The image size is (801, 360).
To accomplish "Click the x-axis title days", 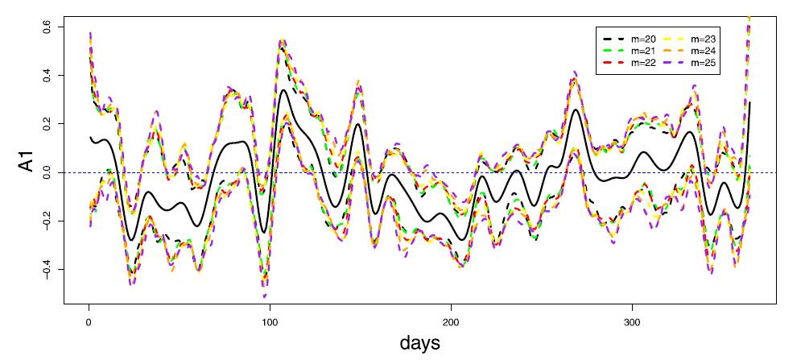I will pos(420,344).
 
